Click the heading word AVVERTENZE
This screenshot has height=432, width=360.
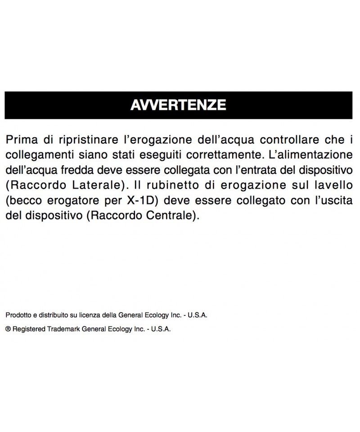[178, 105]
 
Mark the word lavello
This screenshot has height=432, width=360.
[335, 185]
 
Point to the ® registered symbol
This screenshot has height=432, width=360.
[8, 329]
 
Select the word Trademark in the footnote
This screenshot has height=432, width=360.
[63, 329]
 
